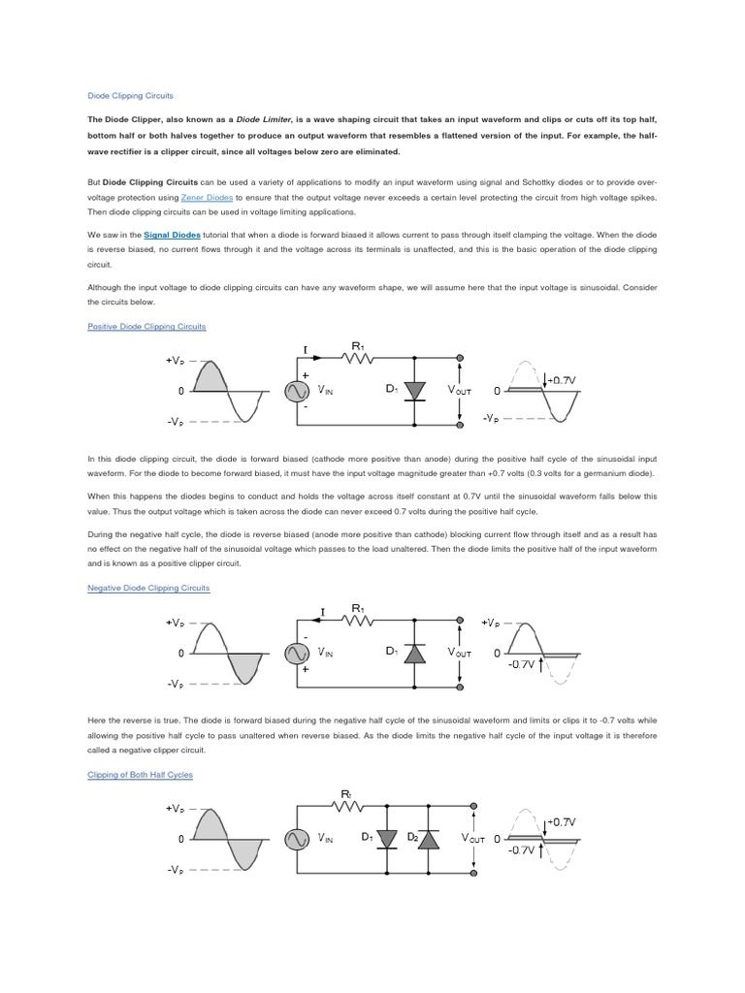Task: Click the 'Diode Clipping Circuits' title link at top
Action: (130, 97)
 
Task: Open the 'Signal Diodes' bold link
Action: (172, 235)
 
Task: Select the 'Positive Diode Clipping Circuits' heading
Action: (146, 327)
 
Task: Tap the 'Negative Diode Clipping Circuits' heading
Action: (148, 588)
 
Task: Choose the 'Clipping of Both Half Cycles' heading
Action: (141, 775)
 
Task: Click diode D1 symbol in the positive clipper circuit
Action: (414, 390)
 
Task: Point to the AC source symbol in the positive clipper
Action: (295, 390)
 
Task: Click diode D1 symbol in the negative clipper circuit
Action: (414, 654)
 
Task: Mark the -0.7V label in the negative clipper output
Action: (522, 665)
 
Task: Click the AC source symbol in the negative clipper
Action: (295, 654)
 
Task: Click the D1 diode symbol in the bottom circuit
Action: (388, 839)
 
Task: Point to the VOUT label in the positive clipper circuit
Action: (459, 390)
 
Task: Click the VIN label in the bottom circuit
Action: (327, 839)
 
